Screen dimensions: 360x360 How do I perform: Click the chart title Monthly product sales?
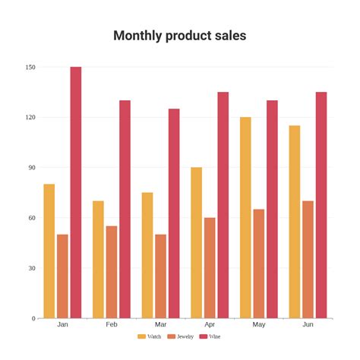179,36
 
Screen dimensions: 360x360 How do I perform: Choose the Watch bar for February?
98,259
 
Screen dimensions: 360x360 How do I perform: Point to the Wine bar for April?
223,205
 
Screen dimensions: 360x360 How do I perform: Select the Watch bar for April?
196,242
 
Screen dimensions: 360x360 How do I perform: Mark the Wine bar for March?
174,213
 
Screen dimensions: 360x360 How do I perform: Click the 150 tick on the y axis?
30,68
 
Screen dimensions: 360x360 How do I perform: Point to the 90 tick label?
31,168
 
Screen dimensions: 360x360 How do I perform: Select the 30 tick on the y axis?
31,268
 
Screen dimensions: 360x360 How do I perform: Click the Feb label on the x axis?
112,324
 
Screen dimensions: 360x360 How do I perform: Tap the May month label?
259,324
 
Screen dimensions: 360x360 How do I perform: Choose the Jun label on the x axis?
308,324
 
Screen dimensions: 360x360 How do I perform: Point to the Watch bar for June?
295,222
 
